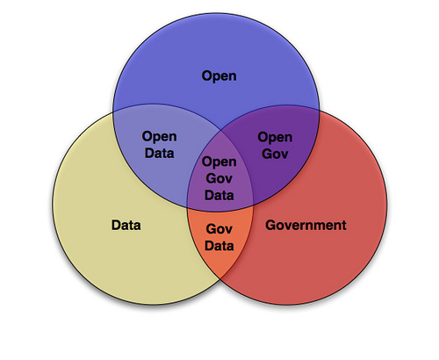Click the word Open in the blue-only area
pyautogui.click(x=219, y=76)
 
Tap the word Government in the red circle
pyautogui.click(x=306, y=225)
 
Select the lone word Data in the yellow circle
pyautogui.click(x=126, y=225)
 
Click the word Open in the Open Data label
pyautogui.click(x=159, y=137)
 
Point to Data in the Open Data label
pyautogui.click(x=160, y=153)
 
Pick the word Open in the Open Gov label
pyautogui.click(x=275, y=137)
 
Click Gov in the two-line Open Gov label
pyautogui.click(x=275, y=154)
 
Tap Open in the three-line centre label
pyautogui.click(x=219, y=162)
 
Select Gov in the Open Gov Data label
pyautogui.click(x=219, y=178)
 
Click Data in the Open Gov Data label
pyautogui.click(x=219, y=195)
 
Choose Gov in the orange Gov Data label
pyautogui.click(x=219, y=229)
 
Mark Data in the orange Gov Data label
pyautogui.click(x=219, y=246)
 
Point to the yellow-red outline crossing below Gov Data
pyautogui.click(x=220, y=278)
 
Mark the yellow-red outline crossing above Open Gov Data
pyautogui.click(x=221, y=129)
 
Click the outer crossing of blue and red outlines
pyautogui.click(x=320, y=111)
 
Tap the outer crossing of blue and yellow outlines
pyautogui.click(x=113, y=112)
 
